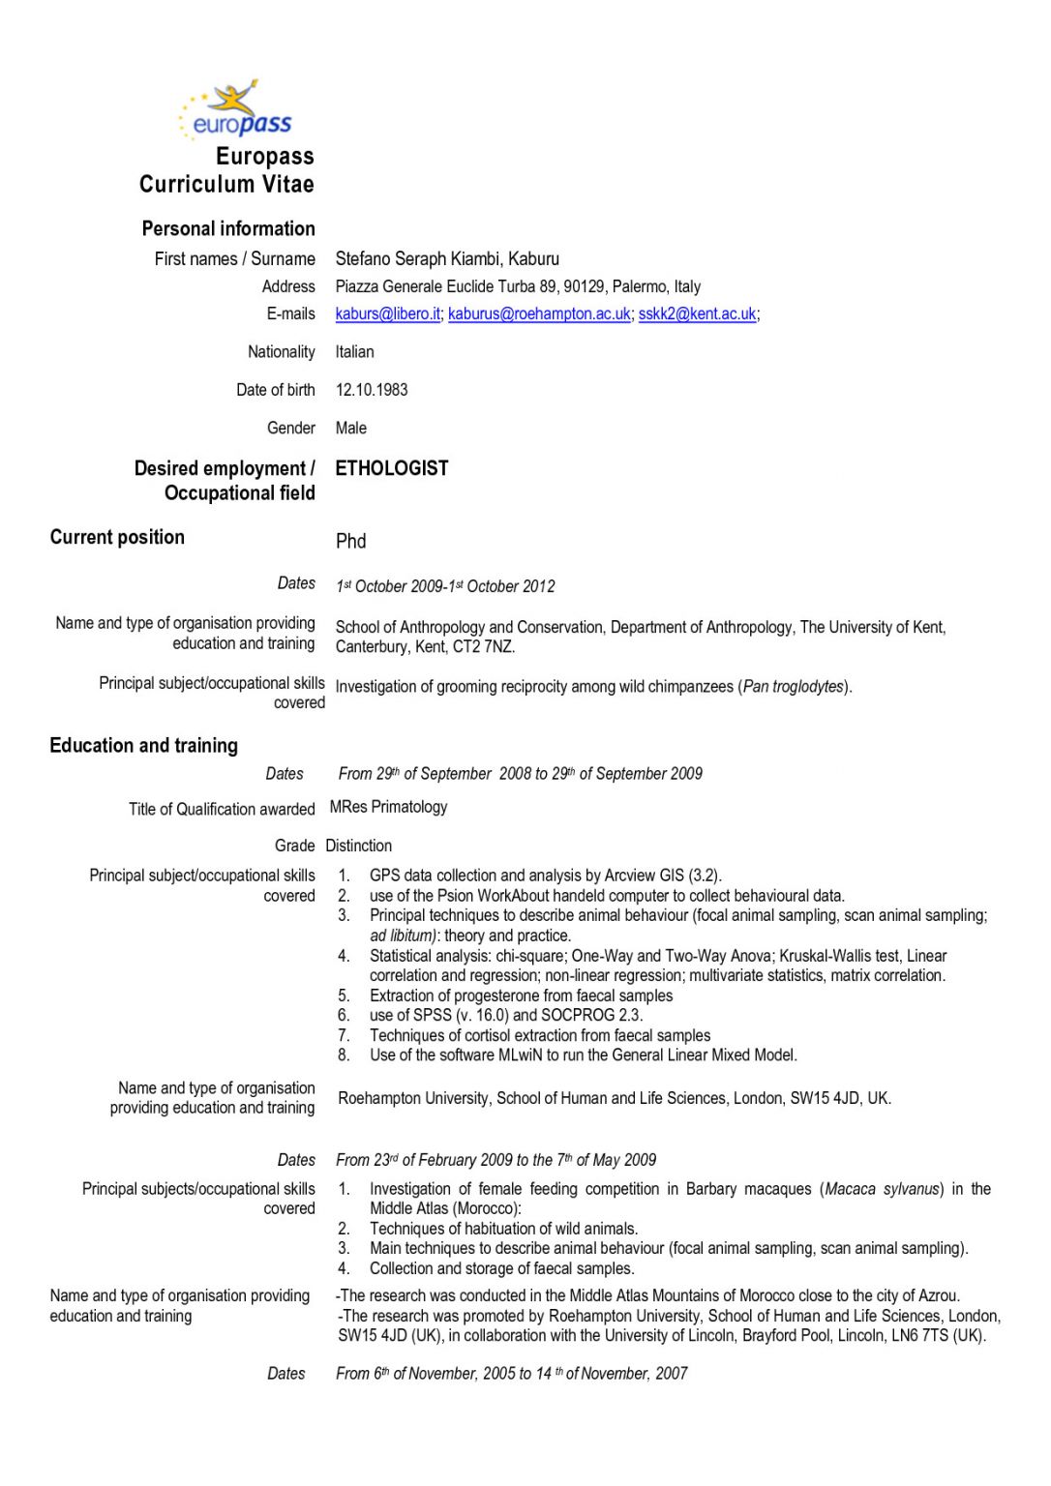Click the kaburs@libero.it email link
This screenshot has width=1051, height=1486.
387,313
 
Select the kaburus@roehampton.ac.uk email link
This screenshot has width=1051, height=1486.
538,313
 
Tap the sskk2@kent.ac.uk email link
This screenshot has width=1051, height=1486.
697,313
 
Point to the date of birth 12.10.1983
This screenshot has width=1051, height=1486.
372,390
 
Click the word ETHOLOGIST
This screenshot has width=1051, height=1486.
392,468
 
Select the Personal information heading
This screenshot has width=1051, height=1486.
228,229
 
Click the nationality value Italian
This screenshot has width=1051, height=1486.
354,352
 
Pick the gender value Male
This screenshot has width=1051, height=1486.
350,428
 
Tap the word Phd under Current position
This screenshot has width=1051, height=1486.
350,541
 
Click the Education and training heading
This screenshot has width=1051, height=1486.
143,745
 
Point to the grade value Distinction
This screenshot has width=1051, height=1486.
358,846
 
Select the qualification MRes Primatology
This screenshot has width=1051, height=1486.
388,807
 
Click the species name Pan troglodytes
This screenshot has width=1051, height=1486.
794,687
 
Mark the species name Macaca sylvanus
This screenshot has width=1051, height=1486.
882,1189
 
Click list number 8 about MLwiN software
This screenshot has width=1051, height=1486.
344,1055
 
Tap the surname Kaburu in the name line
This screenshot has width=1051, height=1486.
534,259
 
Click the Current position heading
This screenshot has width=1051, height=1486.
117,537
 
